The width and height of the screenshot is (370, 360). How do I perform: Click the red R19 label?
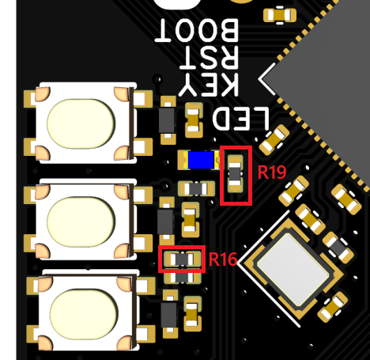pyautogui.click(x=272, y=172)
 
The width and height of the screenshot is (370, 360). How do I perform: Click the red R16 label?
pyautogui.click(x=223, y=260)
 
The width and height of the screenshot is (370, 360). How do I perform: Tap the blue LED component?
pyautogui.click(x=201, y=160)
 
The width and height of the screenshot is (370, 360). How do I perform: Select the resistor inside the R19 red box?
pyautogui.click(x=235, y=174)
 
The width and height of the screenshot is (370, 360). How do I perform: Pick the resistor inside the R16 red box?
pyautogui.click(x=182, y=259)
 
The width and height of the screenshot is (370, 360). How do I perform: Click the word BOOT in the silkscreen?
pyautogui.click(x=197, y=30)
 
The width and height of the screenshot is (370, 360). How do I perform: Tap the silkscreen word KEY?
pyautogui.click(x=209, y=85)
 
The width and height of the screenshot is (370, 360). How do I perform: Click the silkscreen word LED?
pyautogui.click(x=240, y=118)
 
